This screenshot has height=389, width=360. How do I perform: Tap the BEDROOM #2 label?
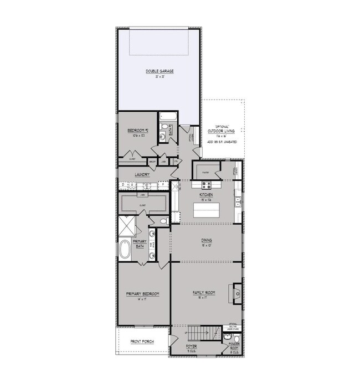[x=136, y=131]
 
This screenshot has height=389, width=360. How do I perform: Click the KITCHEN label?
[x=207, y=195]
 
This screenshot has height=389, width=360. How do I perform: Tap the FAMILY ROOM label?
[x=204, y=292]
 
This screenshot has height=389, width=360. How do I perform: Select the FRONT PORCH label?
[x=142, y=341]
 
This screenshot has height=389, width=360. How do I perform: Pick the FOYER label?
[x=192, y=346]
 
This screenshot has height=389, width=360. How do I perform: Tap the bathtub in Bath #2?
[x=167, y=117]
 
